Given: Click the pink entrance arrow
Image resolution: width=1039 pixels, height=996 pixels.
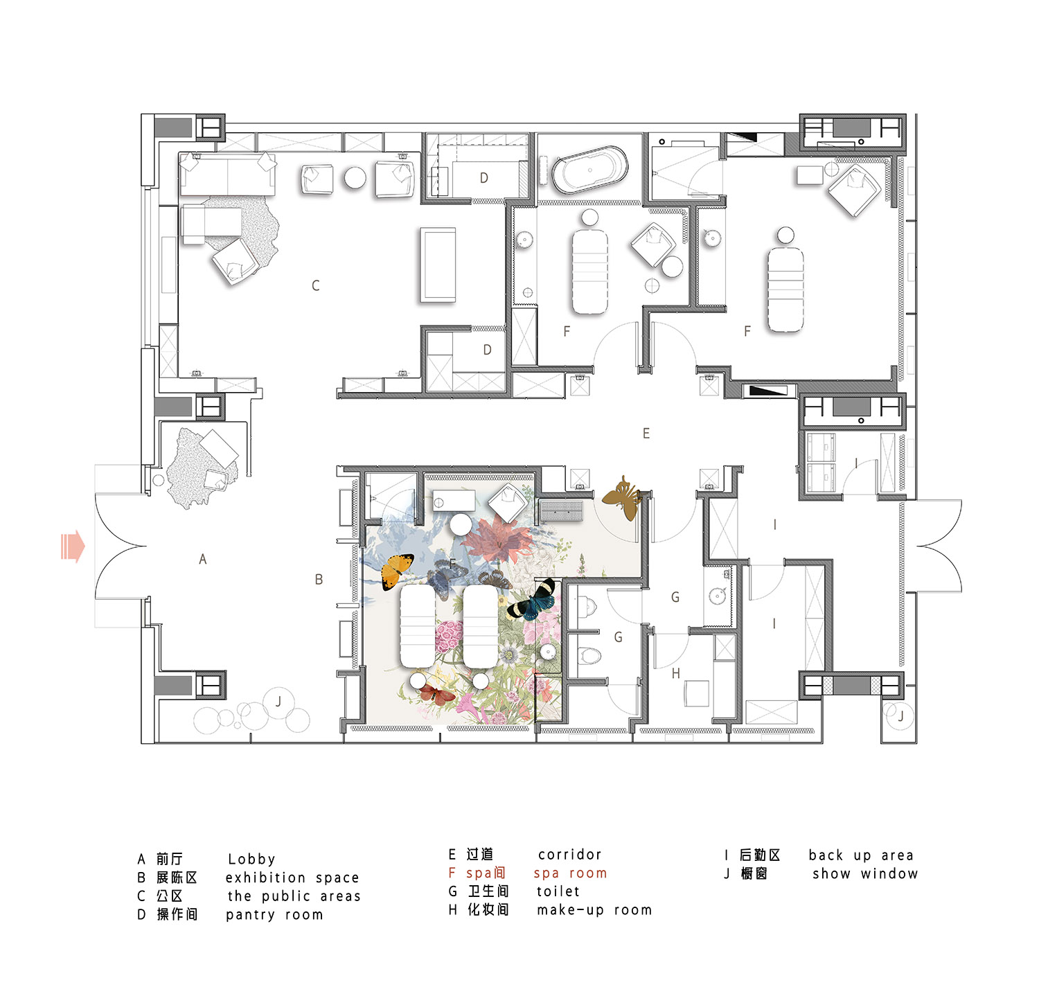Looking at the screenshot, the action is [73, 546].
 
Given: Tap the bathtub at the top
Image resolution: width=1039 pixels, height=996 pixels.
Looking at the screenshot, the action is [589, 170].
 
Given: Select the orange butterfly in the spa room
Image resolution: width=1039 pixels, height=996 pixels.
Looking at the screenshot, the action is [397, 571].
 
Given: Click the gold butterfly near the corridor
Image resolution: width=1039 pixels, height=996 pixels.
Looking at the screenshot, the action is [623, 497].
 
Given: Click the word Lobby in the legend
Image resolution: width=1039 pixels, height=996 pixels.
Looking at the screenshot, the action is [251, 860].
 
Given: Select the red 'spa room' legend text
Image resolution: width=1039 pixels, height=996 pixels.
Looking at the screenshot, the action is [570, 874].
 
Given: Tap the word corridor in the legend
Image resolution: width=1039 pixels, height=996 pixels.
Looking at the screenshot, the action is [570, 855].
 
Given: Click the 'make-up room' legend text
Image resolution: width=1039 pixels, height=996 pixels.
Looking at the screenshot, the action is [594, 910].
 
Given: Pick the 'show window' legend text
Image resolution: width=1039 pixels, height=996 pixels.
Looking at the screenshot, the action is [865, 874].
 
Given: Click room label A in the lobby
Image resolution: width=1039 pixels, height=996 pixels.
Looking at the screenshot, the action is [203, 559].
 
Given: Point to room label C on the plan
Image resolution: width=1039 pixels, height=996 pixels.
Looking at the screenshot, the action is [316, 285].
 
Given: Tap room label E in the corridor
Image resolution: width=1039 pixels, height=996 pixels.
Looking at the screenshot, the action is [646, 434].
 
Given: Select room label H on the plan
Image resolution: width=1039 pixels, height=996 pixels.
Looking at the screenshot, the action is [676, 673].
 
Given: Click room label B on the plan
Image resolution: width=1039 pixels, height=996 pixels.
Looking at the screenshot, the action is [319, 580].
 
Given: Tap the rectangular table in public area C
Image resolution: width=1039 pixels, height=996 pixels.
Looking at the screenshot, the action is [438, 265].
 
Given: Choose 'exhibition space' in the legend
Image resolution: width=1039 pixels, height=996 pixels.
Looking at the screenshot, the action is [292, 878].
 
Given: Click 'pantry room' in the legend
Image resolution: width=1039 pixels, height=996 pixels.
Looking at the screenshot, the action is [274, 915].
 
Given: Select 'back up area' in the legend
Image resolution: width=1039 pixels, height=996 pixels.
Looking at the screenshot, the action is [861, 855].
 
